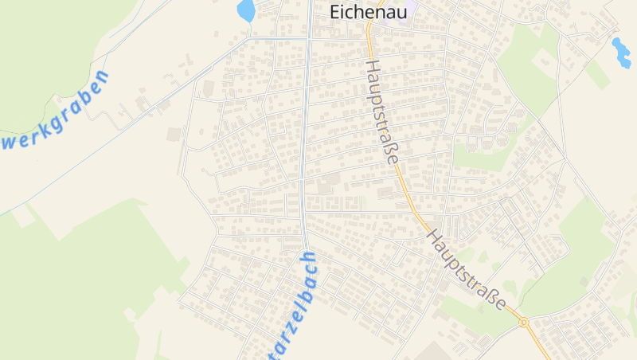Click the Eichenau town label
tap(368, 12)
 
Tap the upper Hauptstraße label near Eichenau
tap(382, 112)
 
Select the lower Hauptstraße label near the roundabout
tap(467, 271)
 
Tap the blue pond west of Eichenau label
tap(246, 11)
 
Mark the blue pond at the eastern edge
tap(620, 52)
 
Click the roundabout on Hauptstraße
tap(524, 322)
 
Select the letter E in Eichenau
tap(335, 12)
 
